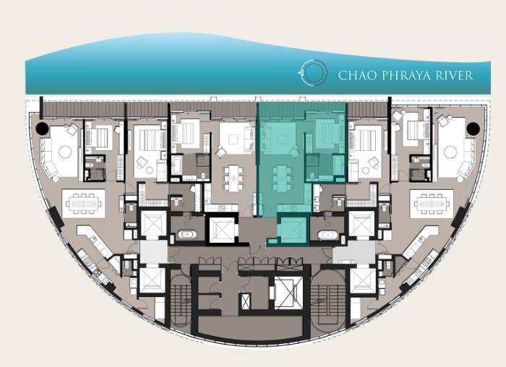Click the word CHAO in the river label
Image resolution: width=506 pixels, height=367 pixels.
(x=358, y=75)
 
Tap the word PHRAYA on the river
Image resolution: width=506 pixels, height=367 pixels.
(x=406, y=75)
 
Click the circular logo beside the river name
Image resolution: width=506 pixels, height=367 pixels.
(x=312, y=72)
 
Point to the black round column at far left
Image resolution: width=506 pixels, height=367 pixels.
(x=42, y=129)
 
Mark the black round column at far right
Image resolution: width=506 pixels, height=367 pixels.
(x=473, y=129)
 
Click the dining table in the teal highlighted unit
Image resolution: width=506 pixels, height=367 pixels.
(x=281, y=178)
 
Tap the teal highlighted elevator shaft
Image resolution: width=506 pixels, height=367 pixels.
(x=292, y=229)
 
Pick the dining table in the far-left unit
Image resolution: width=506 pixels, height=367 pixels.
(x=84, y=204)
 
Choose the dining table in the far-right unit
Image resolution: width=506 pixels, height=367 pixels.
(x=432, y=204)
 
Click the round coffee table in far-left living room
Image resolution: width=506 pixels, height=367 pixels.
(x=65, y=152)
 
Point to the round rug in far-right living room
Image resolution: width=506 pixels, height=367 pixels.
(x=450, y=152)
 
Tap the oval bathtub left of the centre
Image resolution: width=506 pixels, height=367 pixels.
(x=187, y=235)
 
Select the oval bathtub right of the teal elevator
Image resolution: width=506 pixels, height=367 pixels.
(x=327, y=235)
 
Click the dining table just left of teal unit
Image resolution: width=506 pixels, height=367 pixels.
(x=233, y=178)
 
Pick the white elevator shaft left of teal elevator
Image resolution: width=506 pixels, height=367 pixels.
(x=222, y=230)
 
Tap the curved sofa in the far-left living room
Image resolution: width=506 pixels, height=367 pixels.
(x=48, y=159)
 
